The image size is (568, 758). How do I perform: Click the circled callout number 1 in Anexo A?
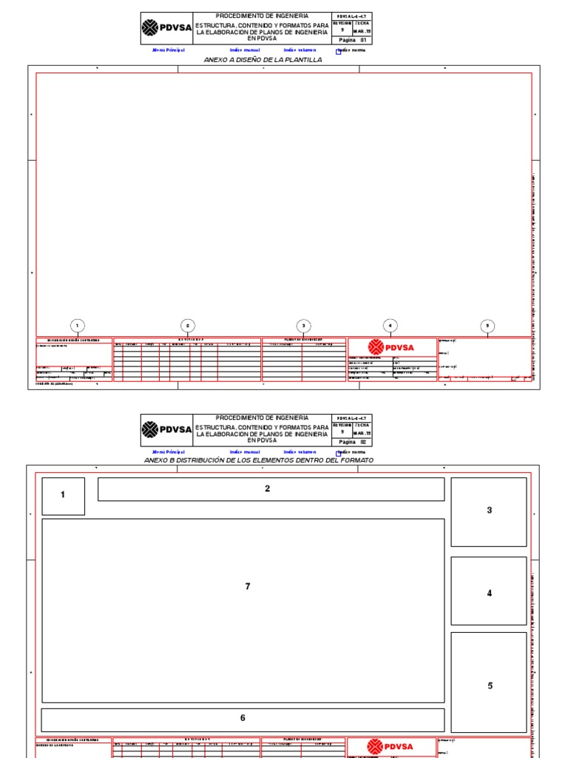click(x=77, y=326)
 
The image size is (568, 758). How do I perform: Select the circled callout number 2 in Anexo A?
click(x=188, y=326)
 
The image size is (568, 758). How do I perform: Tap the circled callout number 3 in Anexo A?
click(x=303, y=326)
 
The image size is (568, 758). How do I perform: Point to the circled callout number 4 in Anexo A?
click(x=390, y=326)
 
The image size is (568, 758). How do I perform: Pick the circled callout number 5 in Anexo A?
click(x=487, y=326)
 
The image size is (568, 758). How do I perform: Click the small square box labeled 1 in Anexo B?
click(x=63, y=495)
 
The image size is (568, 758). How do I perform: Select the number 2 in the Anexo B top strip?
click(x=268, y=489)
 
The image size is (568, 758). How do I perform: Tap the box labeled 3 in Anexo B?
click(x=489, y=511)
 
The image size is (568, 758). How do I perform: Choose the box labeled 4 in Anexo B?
click(x=489, y=593)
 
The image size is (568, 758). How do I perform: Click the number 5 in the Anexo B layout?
click(x=490, y=686)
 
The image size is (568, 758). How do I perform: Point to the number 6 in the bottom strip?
click(x=243, y=718)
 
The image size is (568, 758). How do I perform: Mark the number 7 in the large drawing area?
click(x=248, y=586)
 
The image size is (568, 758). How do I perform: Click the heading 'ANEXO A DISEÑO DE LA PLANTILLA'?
click(x=257, y=60)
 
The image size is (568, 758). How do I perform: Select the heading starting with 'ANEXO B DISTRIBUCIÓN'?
click(x=259, y=460)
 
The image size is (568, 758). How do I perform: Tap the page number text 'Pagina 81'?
click(x=353, y=40)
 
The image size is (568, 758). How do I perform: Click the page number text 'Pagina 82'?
click(x=353, y=440)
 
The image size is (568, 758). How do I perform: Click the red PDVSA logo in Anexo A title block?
click(x=392, y=348)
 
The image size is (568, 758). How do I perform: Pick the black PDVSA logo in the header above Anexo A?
click(x=166, y=28)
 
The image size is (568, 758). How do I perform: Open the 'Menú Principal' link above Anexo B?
click(x=169, y=452)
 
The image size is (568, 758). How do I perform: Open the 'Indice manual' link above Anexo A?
click(x=245, y=50)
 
